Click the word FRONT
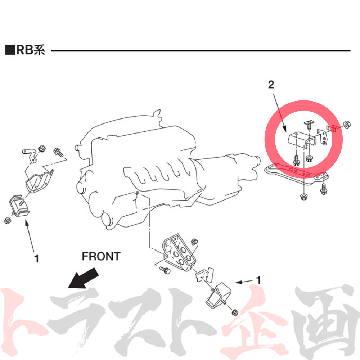101,256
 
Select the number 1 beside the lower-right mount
258,279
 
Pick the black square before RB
9,50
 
